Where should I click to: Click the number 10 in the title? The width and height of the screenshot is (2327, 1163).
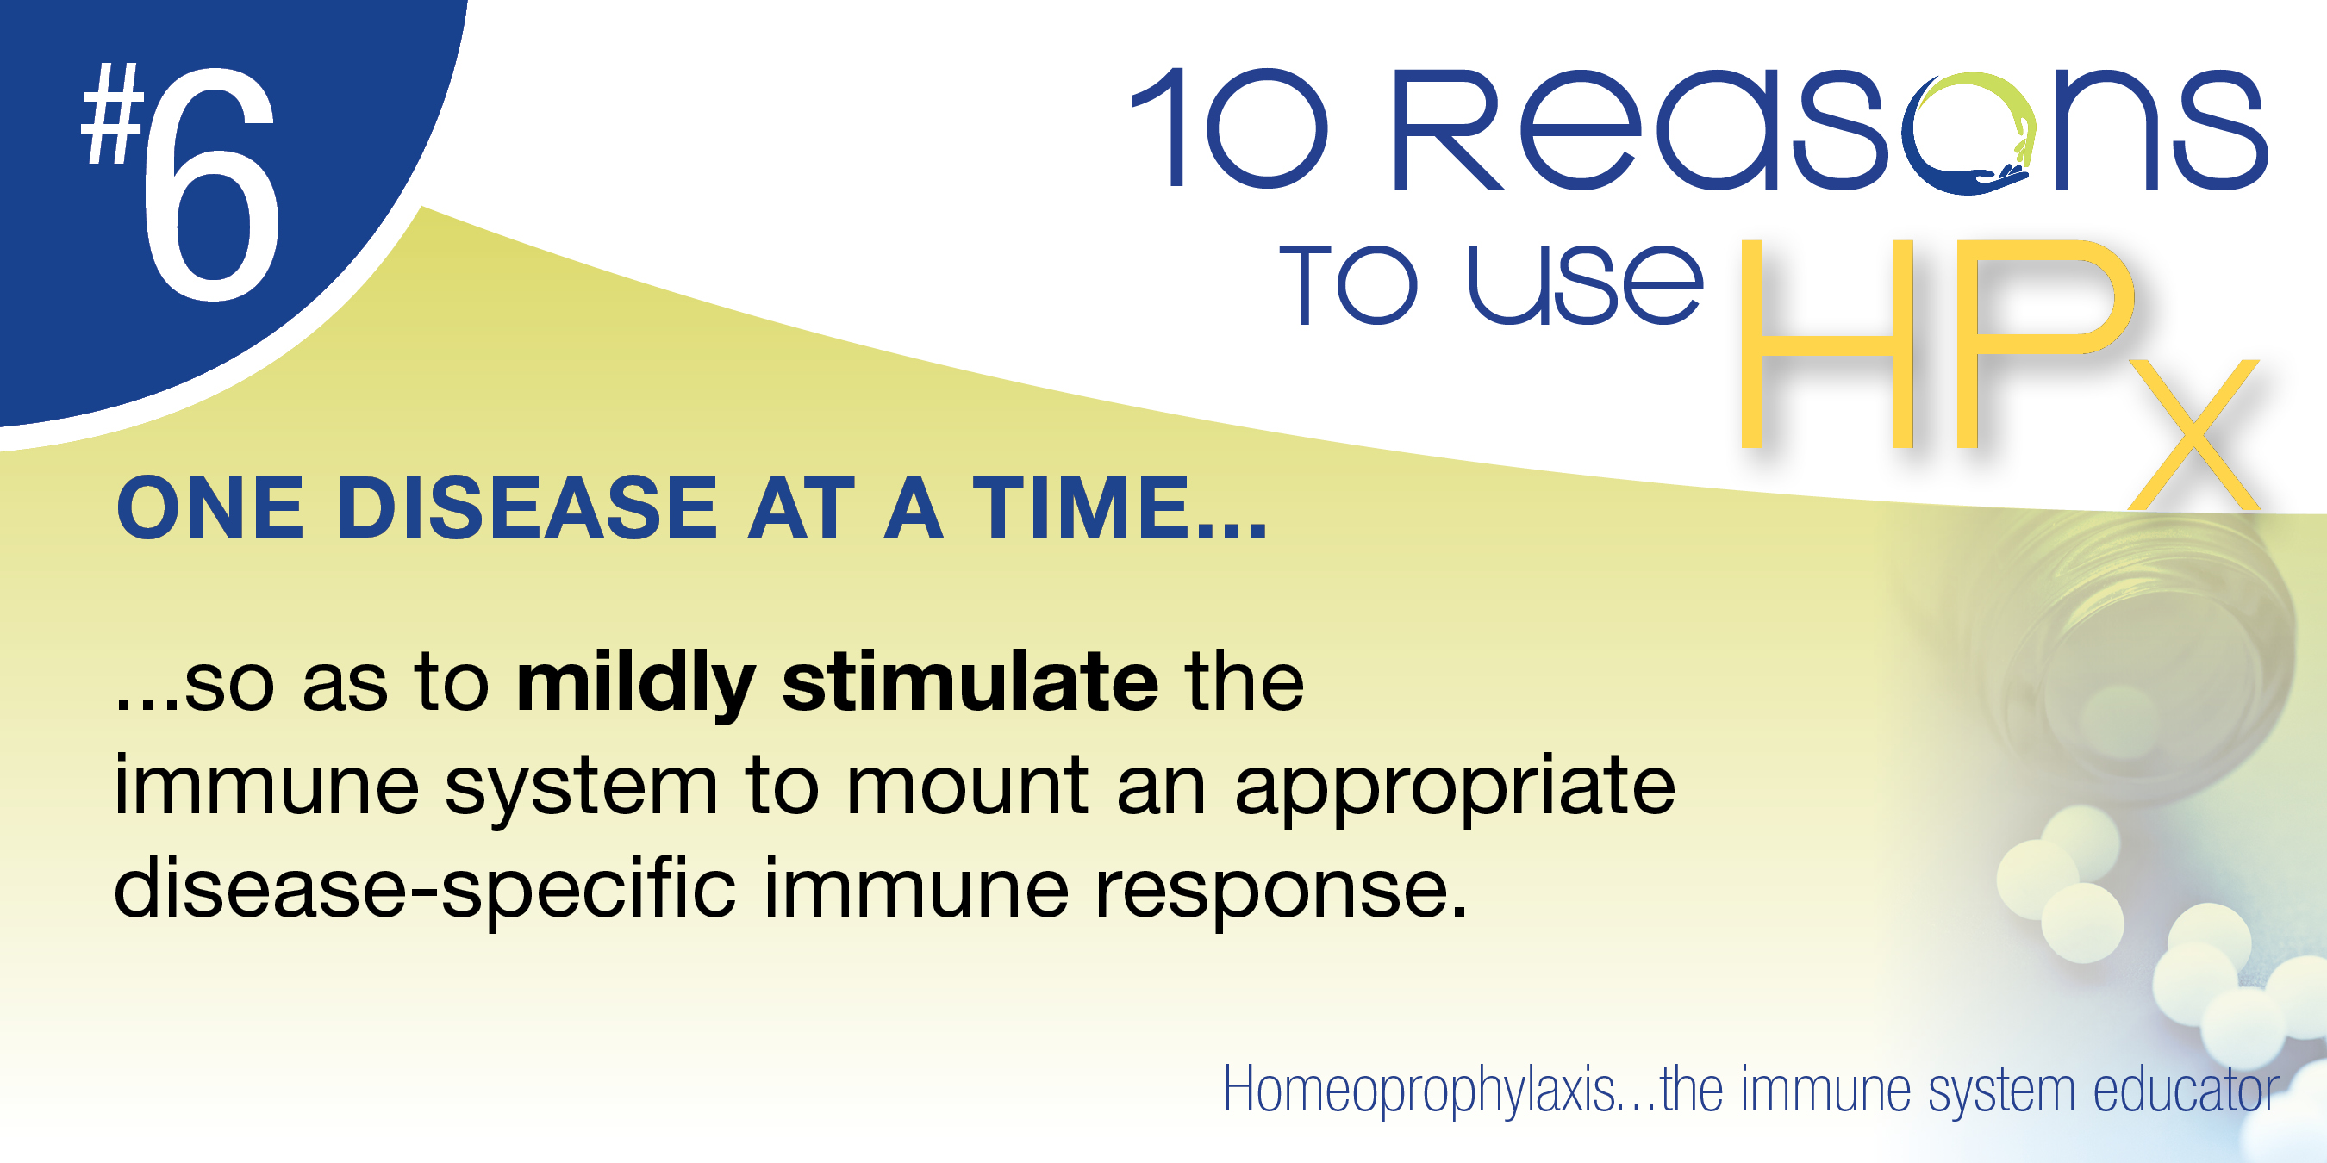(1228, 128)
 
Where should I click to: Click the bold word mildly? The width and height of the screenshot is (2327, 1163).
(635, 682)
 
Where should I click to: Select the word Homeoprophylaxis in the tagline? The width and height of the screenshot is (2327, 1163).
(1419, 1089)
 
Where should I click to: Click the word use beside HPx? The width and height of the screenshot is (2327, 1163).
(1585, 284)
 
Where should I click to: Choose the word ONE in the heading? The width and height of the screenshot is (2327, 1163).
(209, 508)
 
